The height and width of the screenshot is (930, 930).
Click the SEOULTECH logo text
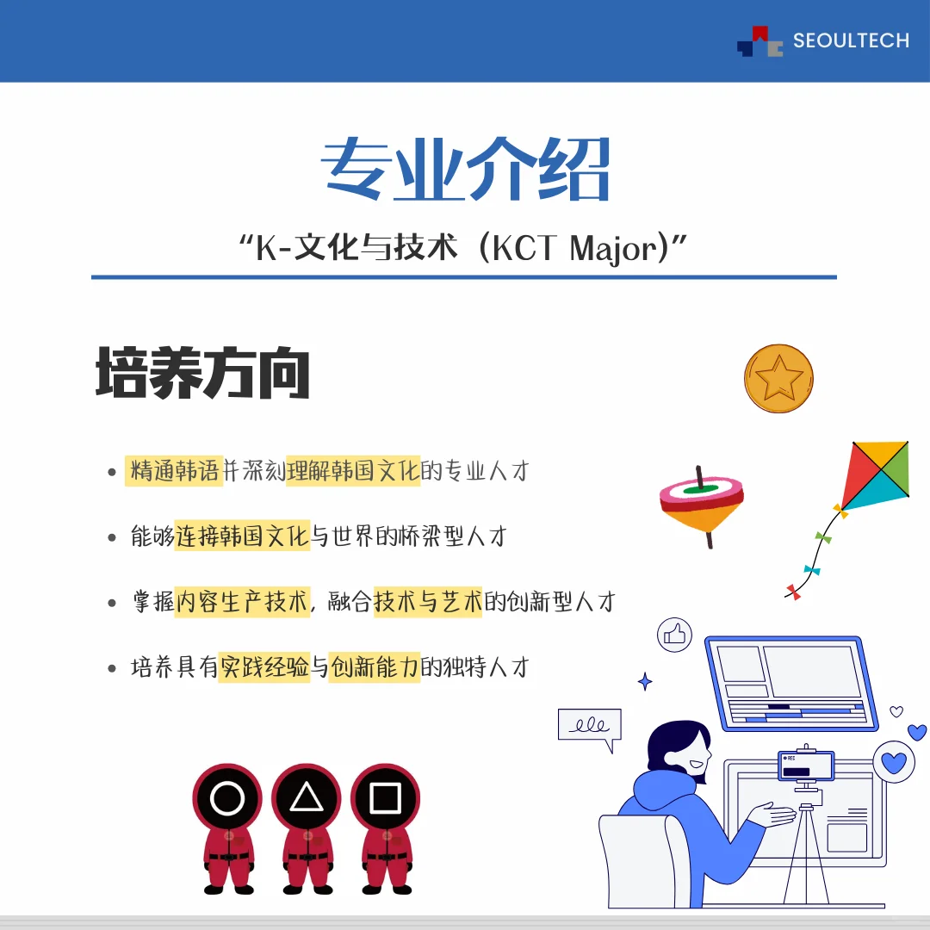click(850, 40)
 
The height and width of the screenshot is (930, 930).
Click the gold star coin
click(778, 378)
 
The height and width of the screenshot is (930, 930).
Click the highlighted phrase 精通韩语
click(175, 471)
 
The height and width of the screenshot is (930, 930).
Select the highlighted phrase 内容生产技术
click(242, 601)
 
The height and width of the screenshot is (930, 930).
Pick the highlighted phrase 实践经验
click(263, 666)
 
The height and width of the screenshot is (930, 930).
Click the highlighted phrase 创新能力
click(375, 666)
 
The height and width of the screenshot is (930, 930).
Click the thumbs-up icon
click(675, 635)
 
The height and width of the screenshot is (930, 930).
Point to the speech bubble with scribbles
click(589, 725)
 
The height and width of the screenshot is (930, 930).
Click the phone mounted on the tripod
click(806, 766)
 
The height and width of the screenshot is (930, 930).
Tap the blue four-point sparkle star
click(645, 682)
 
